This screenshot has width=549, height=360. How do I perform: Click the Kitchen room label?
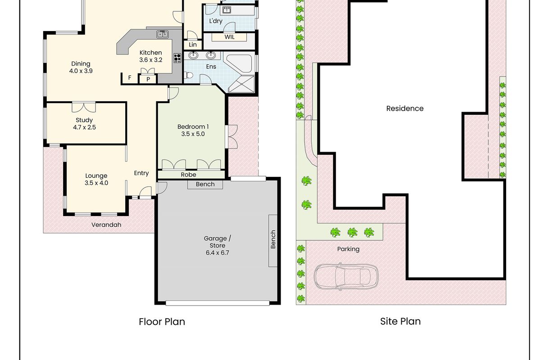click(x=150, y=56)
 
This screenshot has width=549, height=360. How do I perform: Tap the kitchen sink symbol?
click(x=162, y=34)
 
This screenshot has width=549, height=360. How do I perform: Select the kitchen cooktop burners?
click(x=177, y=58)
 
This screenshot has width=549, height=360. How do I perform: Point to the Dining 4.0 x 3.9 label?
click(x=81, y=67)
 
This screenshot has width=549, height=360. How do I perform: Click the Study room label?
click(x=84, y=123)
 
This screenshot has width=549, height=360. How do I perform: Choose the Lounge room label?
click(x=96, y=179)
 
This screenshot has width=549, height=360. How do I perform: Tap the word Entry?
click(x=141, y=173)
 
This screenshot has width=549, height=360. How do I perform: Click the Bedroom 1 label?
click(x=193, y=130)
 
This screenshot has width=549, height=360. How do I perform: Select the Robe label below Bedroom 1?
click(x=188, y=175)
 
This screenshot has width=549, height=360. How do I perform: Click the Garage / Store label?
click(x=218, y=245)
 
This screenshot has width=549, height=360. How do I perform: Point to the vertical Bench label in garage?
click(x=273, y=239)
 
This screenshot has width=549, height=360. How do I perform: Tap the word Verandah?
click(x=106, y=225)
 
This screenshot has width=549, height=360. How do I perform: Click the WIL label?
click(x=229, y=37)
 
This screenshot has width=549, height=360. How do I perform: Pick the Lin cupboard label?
click(x=193, y=45)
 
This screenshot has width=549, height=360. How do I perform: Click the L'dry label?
click(x=216, y=21)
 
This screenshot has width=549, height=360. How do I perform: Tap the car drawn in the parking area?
click(x=346, y=276)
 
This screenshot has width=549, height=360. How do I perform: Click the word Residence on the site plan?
click(x=405, y=108)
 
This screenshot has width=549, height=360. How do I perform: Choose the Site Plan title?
click(x=400, y=321)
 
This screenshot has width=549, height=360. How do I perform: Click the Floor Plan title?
click(x=162, y=322)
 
